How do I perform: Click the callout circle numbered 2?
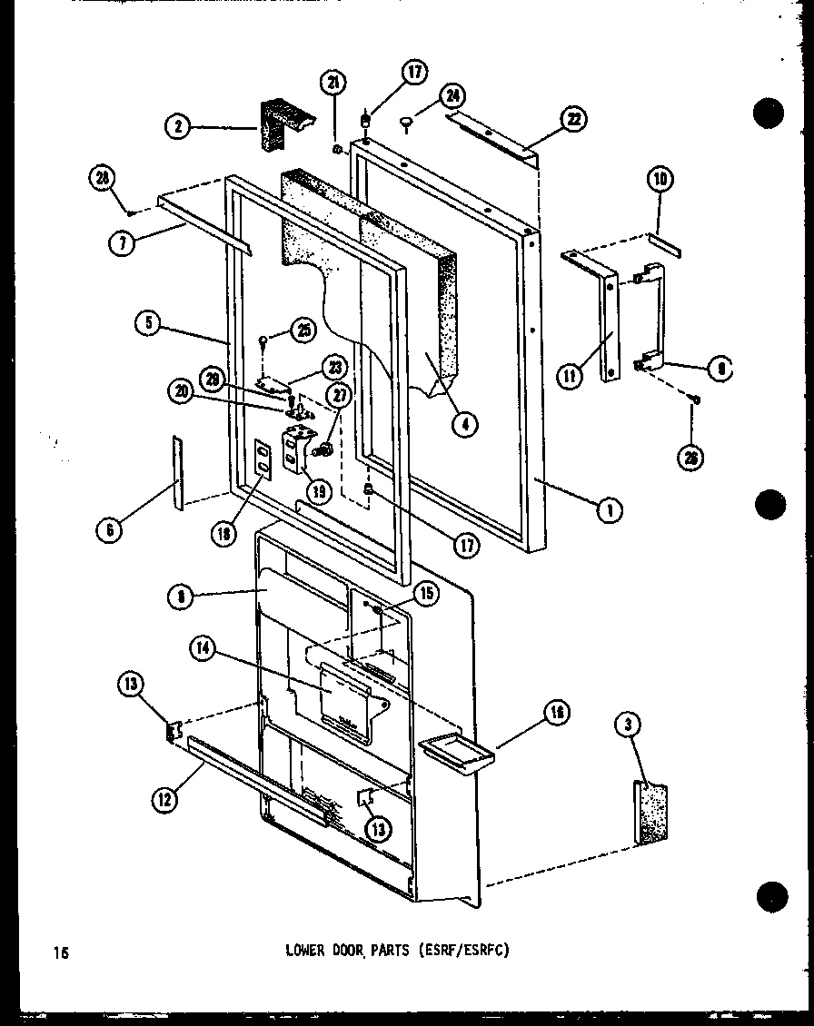click(x=178, y=127)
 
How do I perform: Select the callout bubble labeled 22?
click(x=574, y=118)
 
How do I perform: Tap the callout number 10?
click(x=660, y=180)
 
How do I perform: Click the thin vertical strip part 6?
click(x=176, y=470)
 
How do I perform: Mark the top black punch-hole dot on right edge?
click(x=769, y=115)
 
